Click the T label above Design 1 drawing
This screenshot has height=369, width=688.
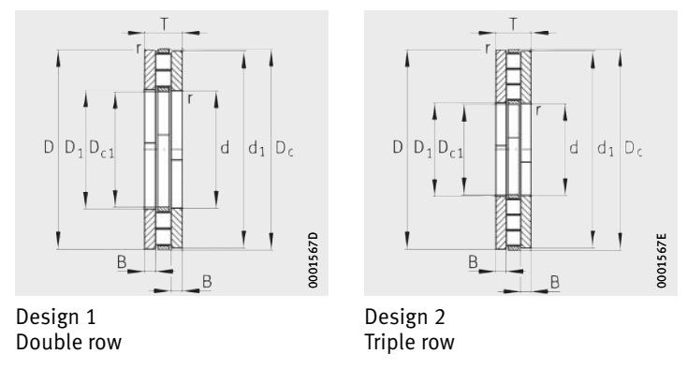point(164,24)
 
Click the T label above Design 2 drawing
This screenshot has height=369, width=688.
point(513,24)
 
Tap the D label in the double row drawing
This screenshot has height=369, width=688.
point(49,146)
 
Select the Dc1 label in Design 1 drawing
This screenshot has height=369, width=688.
point(101,148)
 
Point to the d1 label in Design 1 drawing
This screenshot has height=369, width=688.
point(256,148)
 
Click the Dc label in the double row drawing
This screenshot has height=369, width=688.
point(284,148)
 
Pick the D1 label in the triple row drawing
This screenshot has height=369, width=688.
point(423,148)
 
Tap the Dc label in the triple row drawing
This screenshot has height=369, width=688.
point(633,148)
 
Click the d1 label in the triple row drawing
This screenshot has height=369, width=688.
point(606,148)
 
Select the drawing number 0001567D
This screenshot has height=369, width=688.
point(313,260)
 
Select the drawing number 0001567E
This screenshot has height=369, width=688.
point(661,260)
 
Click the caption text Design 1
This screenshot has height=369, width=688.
point(56,317)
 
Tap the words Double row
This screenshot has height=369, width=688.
point(69,342)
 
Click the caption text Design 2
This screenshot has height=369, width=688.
point(404,317)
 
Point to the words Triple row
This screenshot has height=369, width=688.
point(409,342)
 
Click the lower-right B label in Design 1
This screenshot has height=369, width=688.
point(207,281)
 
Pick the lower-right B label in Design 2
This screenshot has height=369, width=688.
point(554,282)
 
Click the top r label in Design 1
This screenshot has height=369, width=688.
point(139,49)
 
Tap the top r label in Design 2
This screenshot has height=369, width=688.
point(487,49)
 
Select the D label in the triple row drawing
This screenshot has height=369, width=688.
point(398,146)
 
